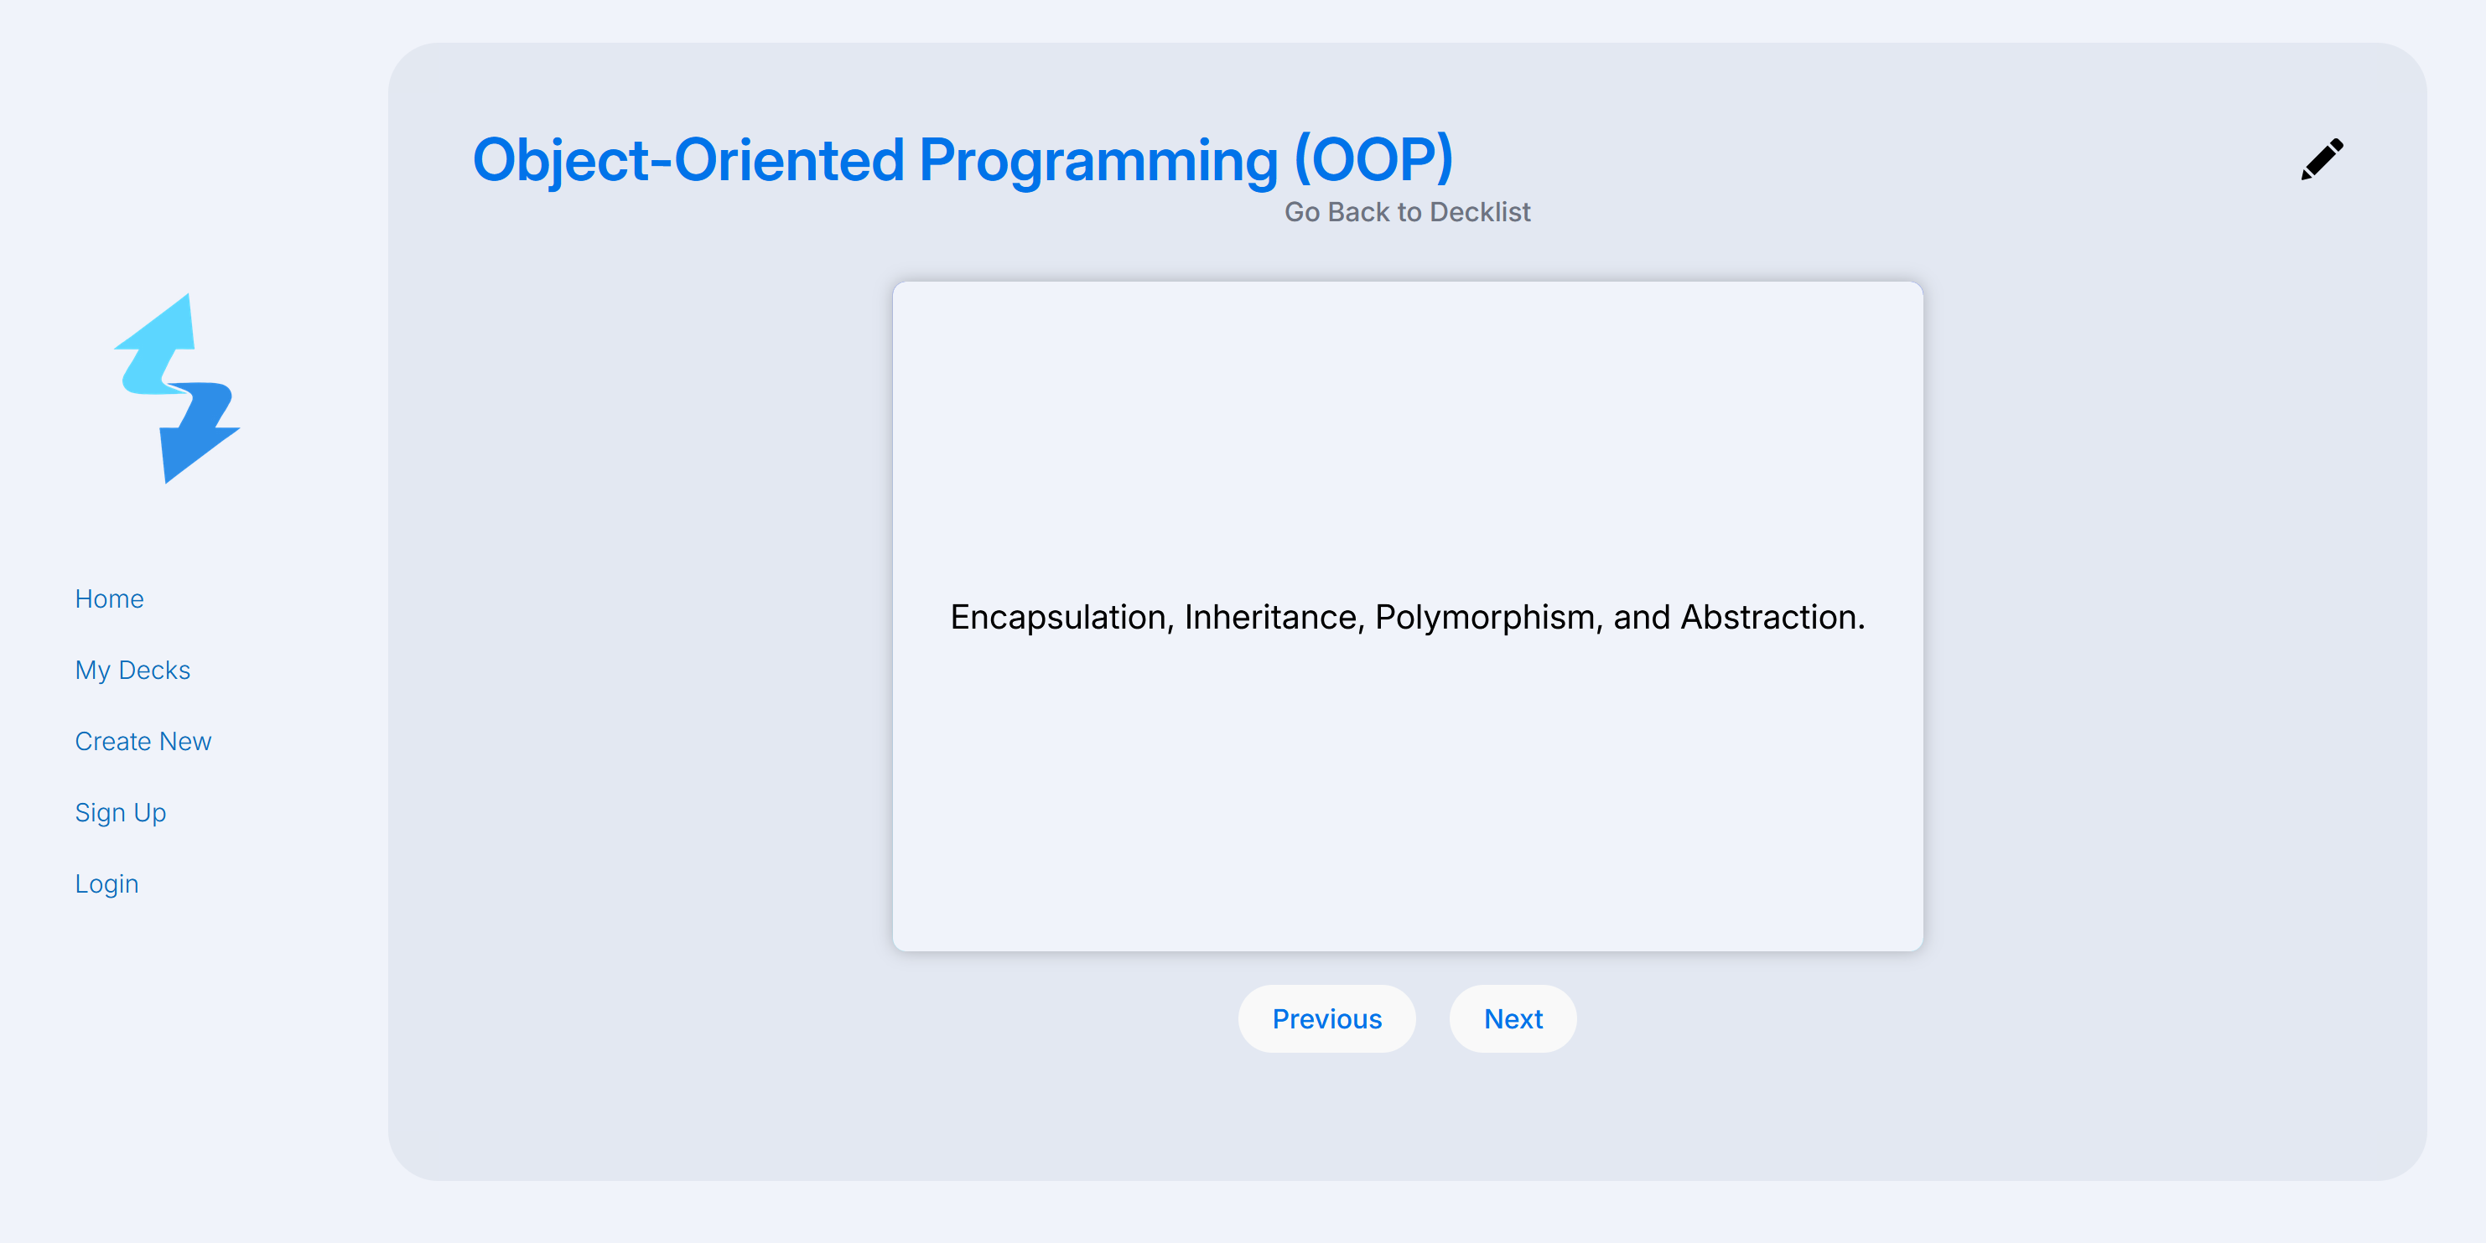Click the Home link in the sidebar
(x=109, y=599)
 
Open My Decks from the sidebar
(x=132, y=671)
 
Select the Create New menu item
(x=143, y=741)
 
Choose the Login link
(x=107, y=885)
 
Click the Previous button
(x=1327, y=1019)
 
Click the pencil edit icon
(x=2322, y=159)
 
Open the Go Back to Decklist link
(x=1407, y=212)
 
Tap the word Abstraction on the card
(x=1772, y=617)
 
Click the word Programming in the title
(x=1098, y=161)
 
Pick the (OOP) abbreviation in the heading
(x=1373, y=159)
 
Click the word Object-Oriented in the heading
(x=688, y=161)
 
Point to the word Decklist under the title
(x=1481, y=212)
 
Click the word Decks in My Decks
(x=154, y=671)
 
